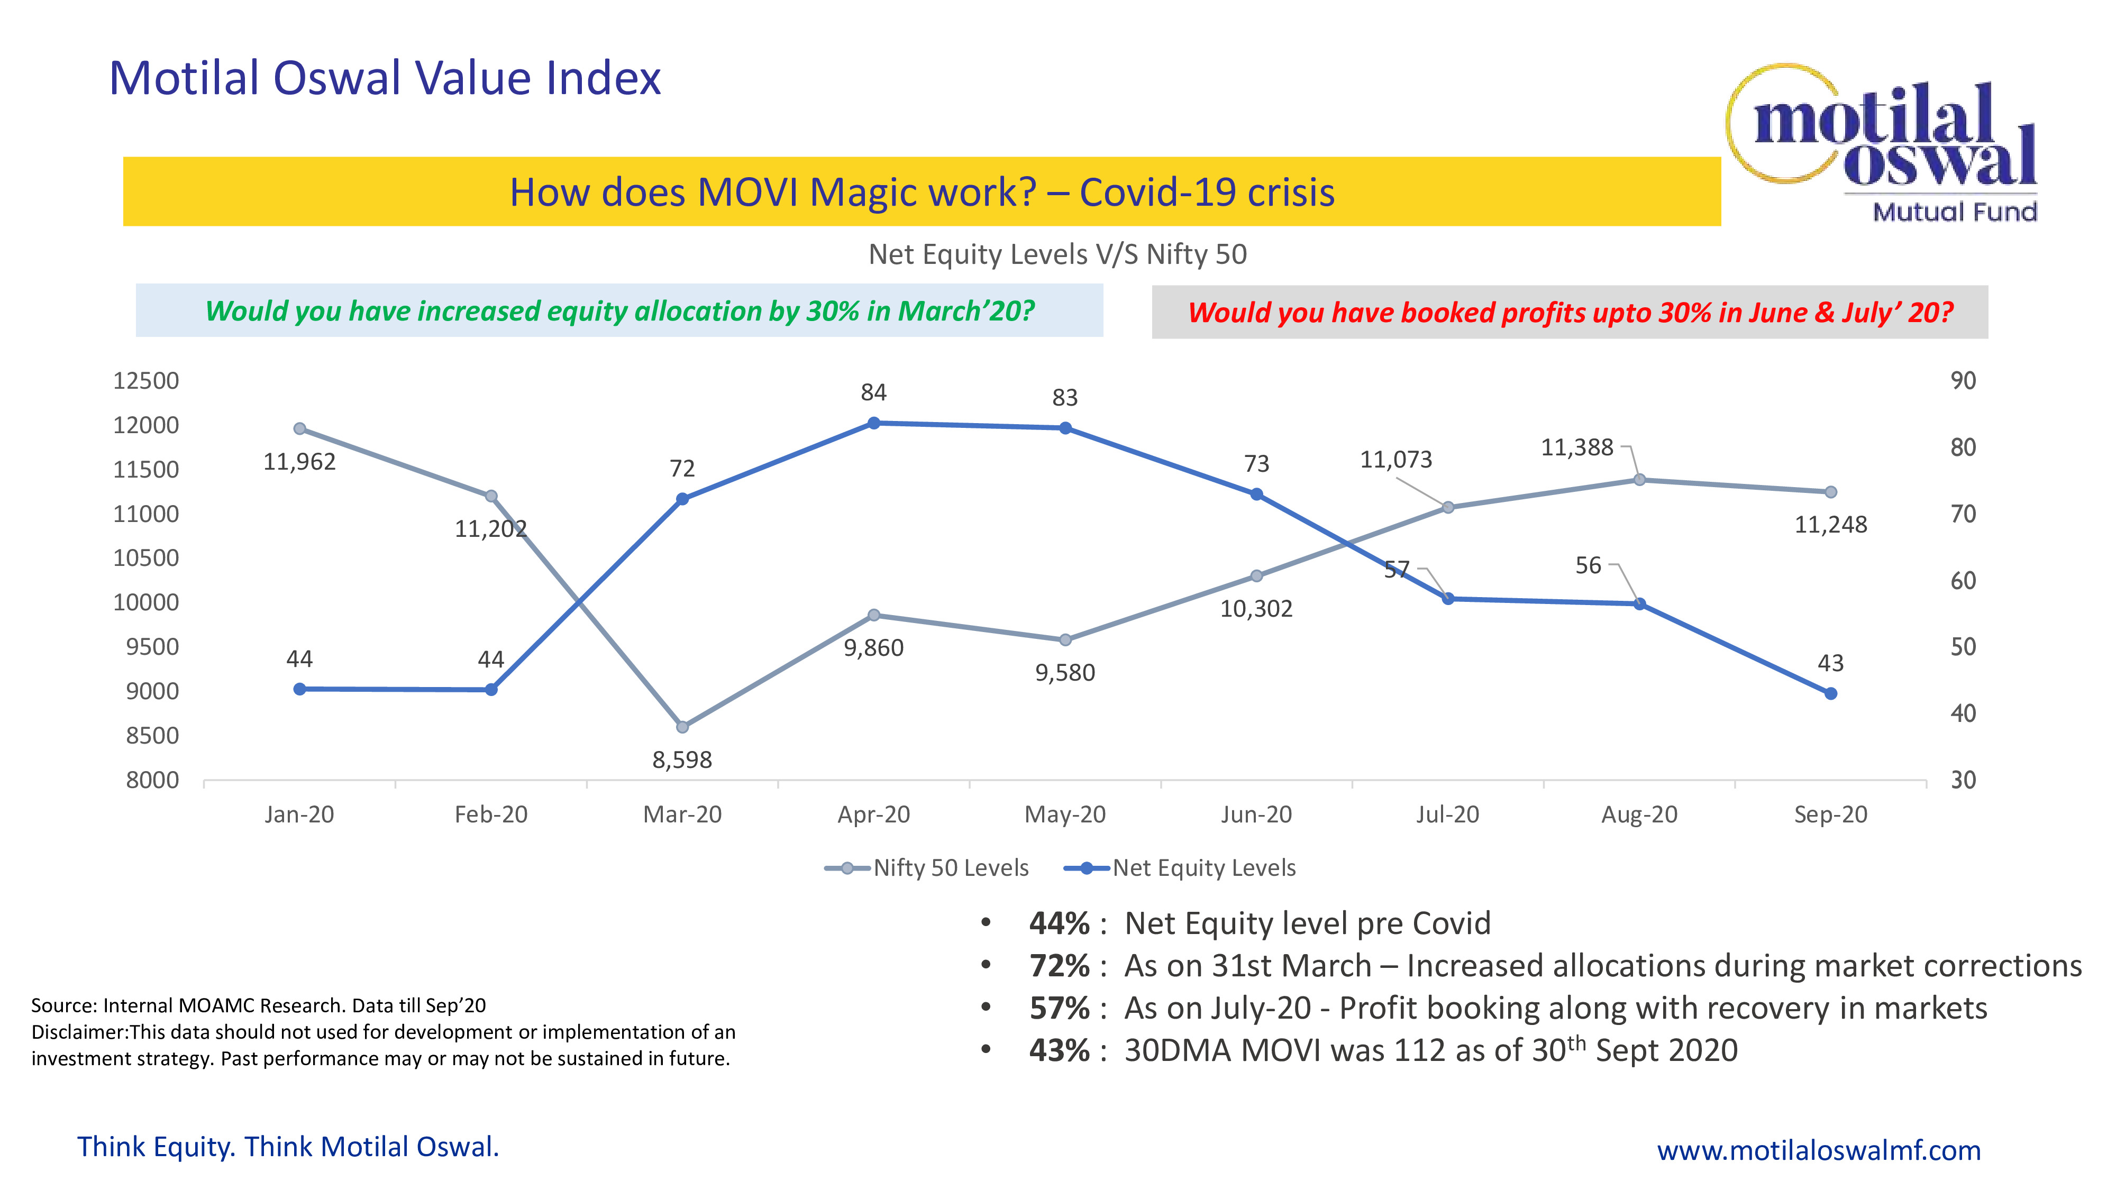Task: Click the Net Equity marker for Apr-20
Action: (x=874, y=423)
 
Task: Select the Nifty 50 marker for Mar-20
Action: (x=682, y=727)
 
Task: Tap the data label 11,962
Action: (x=299, y=462)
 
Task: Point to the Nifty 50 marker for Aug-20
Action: (x=1639, y=480)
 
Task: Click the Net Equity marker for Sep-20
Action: (x=1831, y=694)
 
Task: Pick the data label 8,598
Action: (x=682, y=759)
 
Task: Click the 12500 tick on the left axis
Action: (x=146, y=381)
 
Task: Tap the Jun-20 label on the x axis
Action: (x=1256, y=814)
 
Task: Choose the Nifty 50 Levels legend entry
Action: (x=927, y=868)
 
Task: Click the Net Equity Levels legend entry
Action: (x=1180, y=868)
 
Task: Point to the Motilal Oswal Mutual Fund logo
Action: (x=1882, y=142)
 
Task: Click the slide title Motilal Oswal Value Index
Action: (x=385, y=79)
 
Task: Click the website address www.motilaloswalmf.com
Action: (x=1819, y=1150)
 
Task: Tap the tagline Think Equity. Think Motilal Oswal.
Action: (x=288, y=1147)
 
